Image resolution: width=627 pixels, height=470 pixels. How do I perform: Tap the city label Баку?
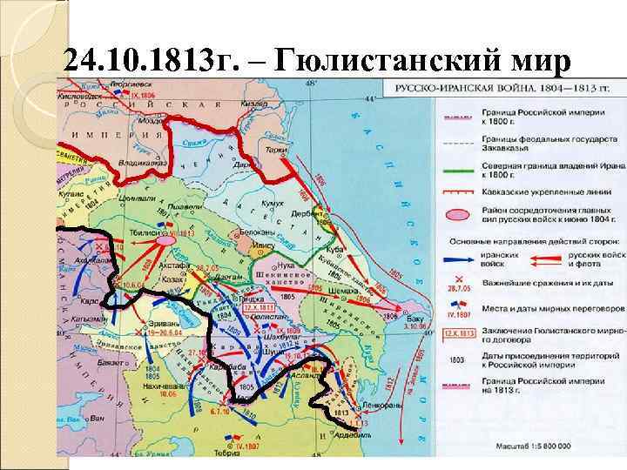[x=392, y=321]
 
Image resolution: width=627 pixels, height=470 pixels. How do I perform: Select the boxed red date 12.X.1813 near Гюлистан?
[x=259, y=308]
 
